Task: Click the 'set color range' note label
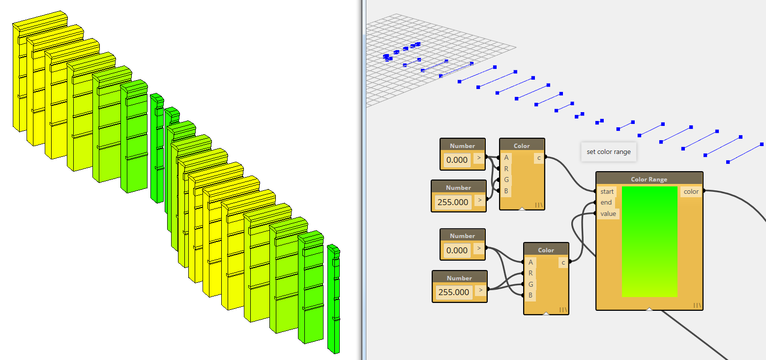pyautogui.click(x=608, y=152)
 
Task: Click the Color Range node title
pyautogui.click(x=649, y=180)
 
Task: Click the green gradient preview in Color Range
pyautogui.click(x=649, y=241)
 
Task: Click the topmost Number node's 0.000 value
pyautogui.click(x=457, y=159)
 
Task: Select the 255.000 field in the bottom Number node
pyautogui.click(x=453, y=292)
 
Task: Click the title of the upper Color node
pyautogui.click(x=522, y=146)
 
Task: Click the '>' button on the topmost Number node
pyautogui.click(x=478, y=158)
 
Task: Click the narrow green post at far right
pyautogui.click(x=334, y=300)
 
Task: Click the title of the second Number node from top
pyautogui.click(x=458, y=187)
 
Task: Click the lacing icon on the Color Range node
pyautogui.click(x=697, y=305)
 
